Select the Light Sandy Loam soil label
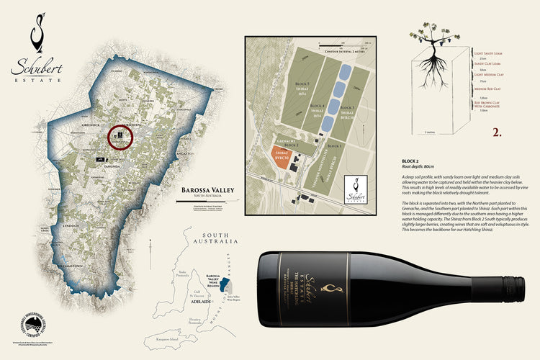pyautogui.click(x=490, y=54)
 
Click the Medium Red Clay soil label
pyautogui.click(x=487, y=89)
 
